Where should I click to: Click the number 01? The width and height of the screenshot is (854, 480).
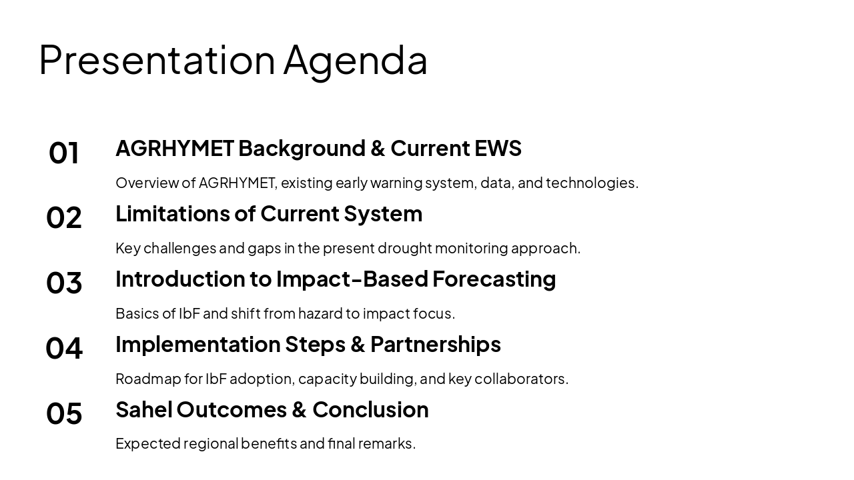tap(64, 153)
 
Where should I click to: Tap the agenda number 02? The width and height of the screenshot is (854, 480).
tap(64, 218)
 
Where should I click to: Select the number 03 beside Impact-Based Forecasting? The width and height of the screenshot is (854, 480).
tap(64, 283)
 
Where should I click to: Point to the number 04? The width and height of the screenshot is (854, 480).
tap(64, 348)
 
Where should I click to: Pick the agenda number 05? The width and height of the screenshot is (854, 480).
tap(64, 413)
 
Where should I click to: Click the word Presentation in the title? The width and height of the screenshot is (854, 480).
tap(157, 60)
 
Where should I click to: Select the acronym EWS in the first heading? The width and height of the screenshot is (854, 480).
tap(498, 148)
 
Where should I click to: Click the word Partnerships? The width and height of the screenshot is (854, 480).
tap(435, 344)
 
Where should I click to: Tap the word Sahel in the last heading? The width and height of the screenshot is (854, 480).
tap(143, 409)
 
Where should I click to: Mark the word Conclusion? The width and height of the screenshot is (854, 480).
tap(370, 409)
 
